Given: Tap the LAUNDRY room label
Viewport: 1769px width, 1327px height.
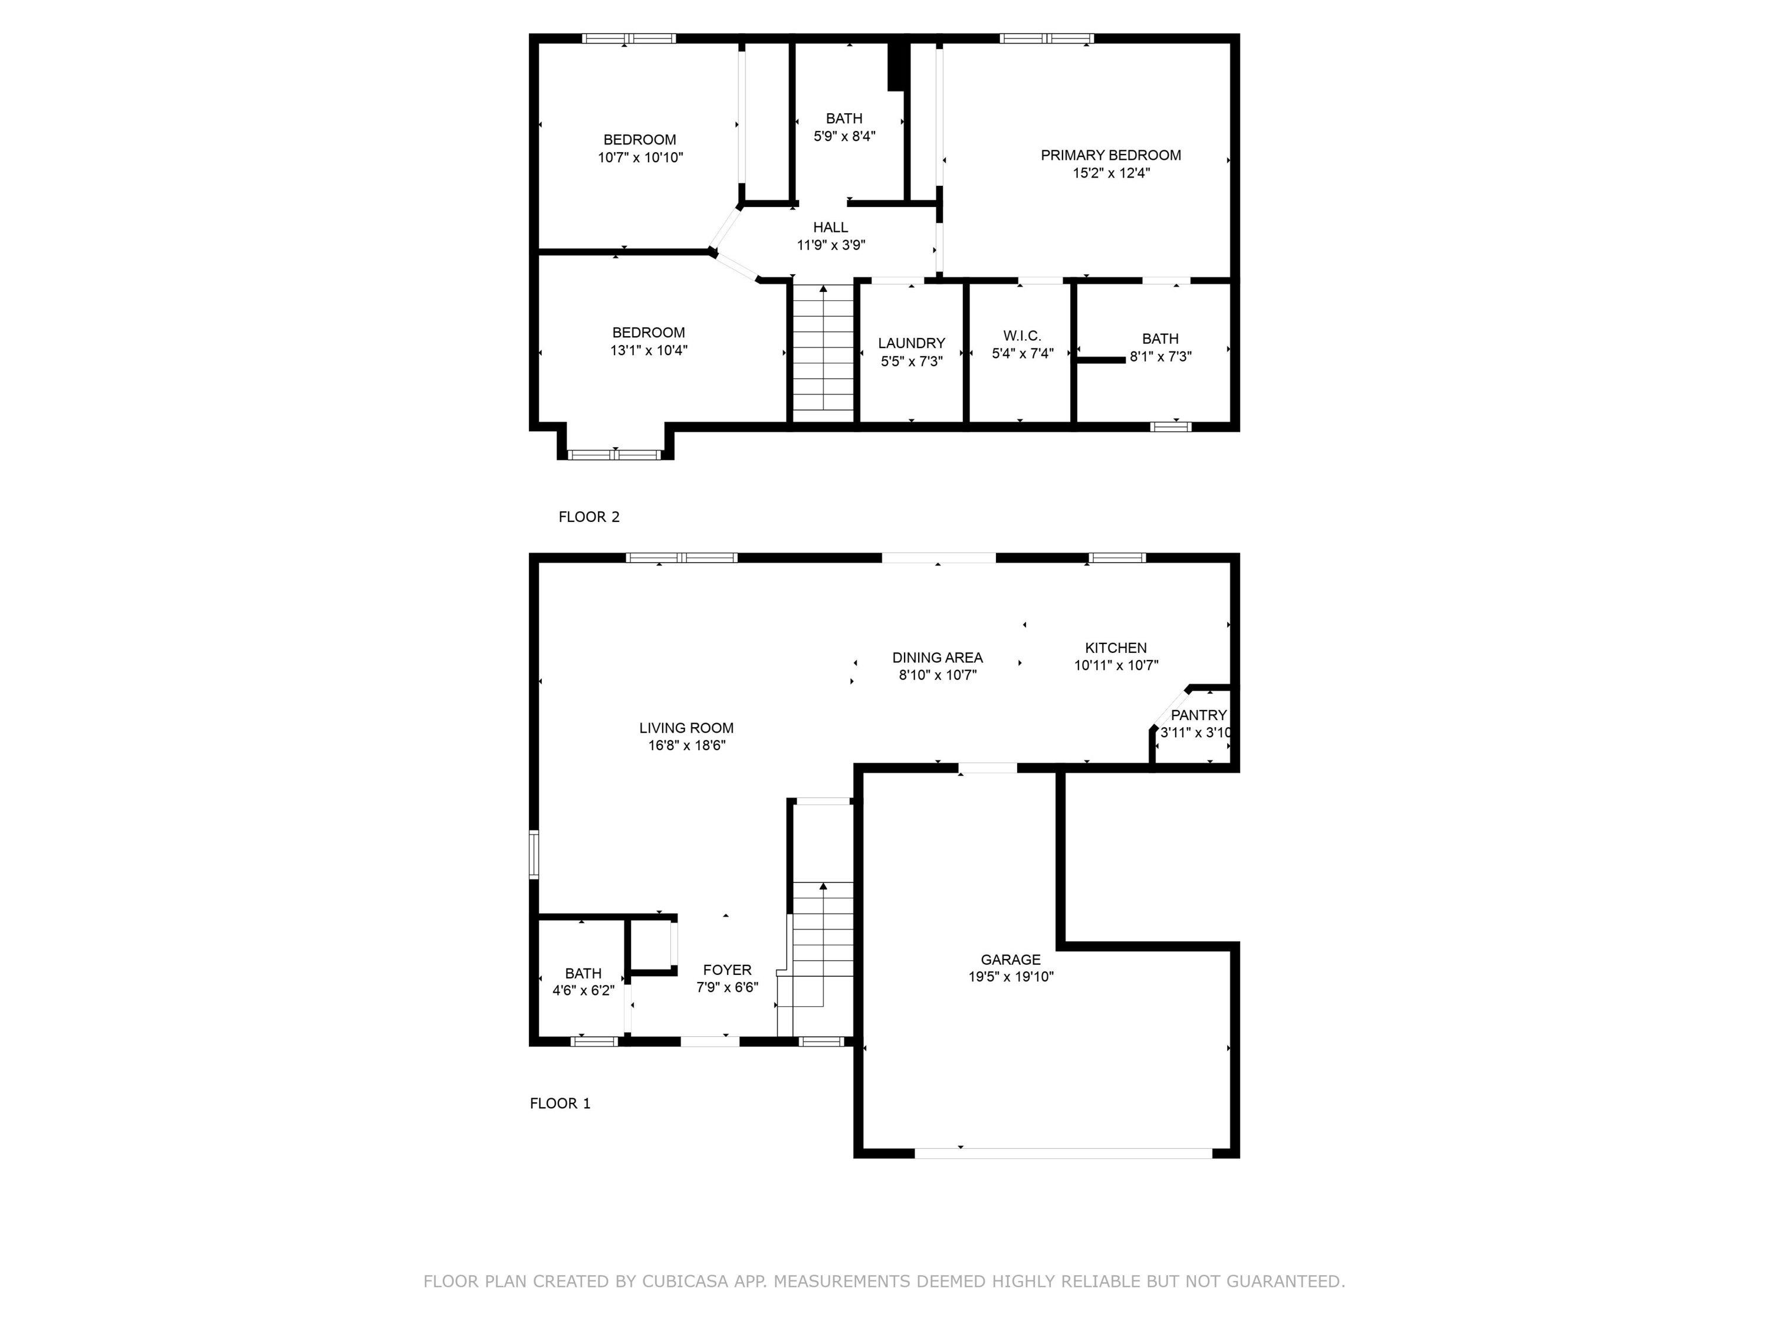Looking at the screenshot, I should (x=911, y=344).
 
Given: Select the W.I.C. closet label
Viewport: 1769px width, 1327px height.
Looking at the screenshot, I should (x=1022, y=336).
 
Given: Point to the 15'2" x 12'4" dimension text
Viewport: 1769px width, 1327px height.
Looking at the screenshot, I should (x=1111, y=173).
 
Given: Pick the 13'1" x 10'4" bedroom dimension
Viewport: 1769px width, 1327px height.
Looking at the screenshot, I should (x=649, y=350).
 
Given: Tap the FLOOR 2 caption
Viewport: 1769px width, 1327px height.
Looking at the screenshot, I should (x=588, y=517).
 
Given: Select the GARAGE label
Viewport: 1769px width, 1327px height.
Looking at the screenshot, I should (x=1011, y=960).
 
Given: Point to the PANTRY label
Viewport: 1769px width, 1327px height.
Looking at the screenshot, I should (x=1198, y=715).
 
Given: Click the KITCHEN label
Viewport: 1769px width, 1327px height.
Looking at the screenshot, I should (x=1116, y=648).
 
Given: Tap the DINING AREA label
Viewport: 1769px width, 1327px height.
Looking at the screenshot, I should (x=938, y=658).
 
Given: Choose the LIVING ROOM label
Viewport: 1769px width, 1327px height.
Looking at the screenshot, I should (x=686, y=728).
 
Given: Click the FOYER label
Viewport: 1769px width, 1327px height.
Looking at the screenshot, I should (x=727, y=970).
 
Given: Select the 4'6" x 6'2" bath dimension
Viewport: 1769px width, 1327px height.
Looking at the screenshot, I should (x=583, y=991).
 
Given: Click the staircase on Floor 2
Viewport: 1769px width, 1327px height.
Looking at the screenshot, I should (x=823, y=352).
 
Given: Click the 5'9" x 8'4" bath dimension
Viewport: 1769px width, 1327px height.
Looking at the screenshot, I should (x=844, y=137).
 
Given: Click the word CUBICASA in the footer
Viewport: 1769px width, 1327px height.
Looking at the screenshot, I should (x=685, y=1282).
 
